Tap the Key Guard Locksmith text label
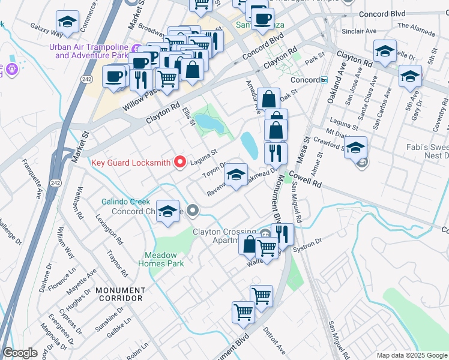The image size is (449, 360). point(131,163)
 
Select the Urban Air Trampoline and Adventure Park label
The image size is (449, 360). point(91,52)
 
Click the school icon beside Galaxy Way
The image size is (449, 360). point(67,23)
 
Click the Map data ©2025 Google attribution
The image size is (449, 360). point(412,355)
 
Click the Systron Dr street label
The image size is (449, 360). point(309,244)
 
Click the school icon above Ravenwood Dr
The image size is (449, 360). point(237,175)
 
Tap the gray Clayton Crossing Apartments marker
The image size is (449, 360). point(266,233)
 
